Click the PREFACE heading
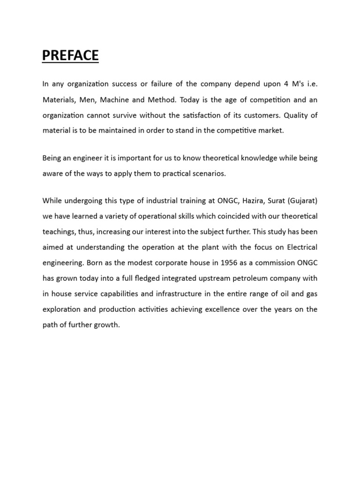click(70, 56)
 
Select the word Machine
click(125, 99)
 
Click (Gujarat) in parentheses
click(303, 201)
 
